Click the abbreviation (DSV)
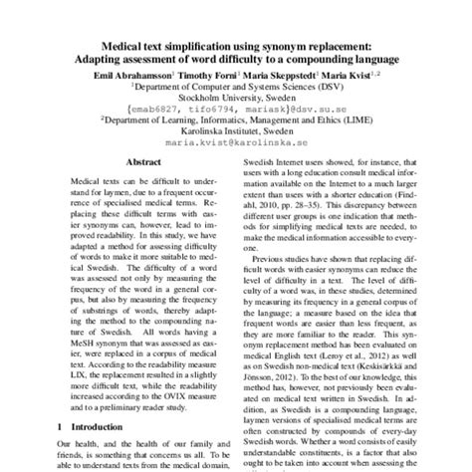pyautogui.click(x=326, y=87)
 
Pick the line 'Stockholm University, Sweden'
pyautogui.click(x=235, y=99)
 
